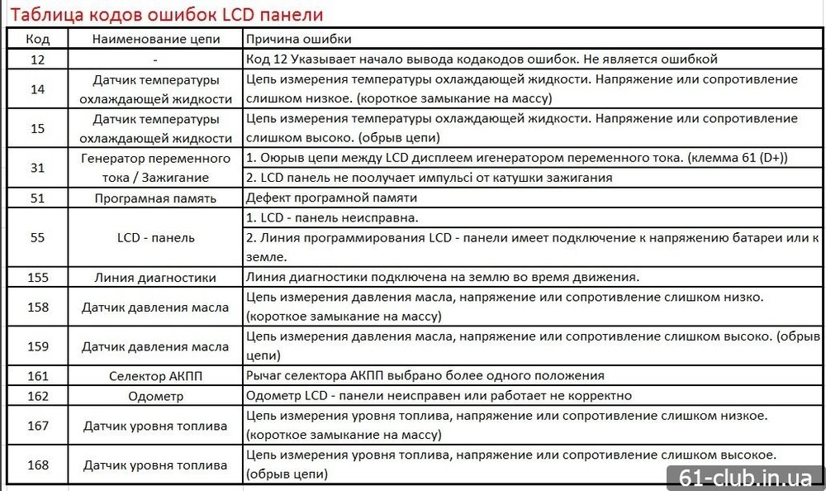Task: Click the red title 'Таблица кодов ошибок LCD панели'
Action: [x=166, y=14]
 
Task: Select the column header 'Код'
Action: [x=38, y=40]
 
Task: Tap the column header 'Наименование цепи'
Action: [x=155, y=40]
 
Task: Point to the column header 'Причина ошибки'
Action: [x=298, y=40]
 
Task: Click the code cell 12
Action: [x=38, y=60]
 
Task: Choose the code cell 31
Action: [x=38, y=167]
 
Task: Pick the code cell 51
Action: [x=38, y=198]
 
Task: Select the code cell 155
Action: [x=38, y=277]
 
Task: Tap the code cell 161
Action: [x=38, y=376]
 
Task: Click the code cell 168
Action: [x=38, y=465]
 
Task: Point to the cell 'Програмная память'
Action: [x=155, y=198]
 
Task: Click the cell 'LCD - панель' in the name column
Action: [x=155, y=237]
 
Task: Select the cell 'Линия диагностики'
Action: [x=155, y=278]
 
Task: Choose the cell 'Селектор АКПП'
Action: [x=155, y=376]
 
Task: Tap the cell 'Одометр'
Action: [x=155, y=396]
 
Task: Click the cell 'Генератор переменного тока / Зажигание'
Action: [x=155, y=167]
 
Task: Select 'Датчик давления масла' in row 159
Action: [x=155, y=347]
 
